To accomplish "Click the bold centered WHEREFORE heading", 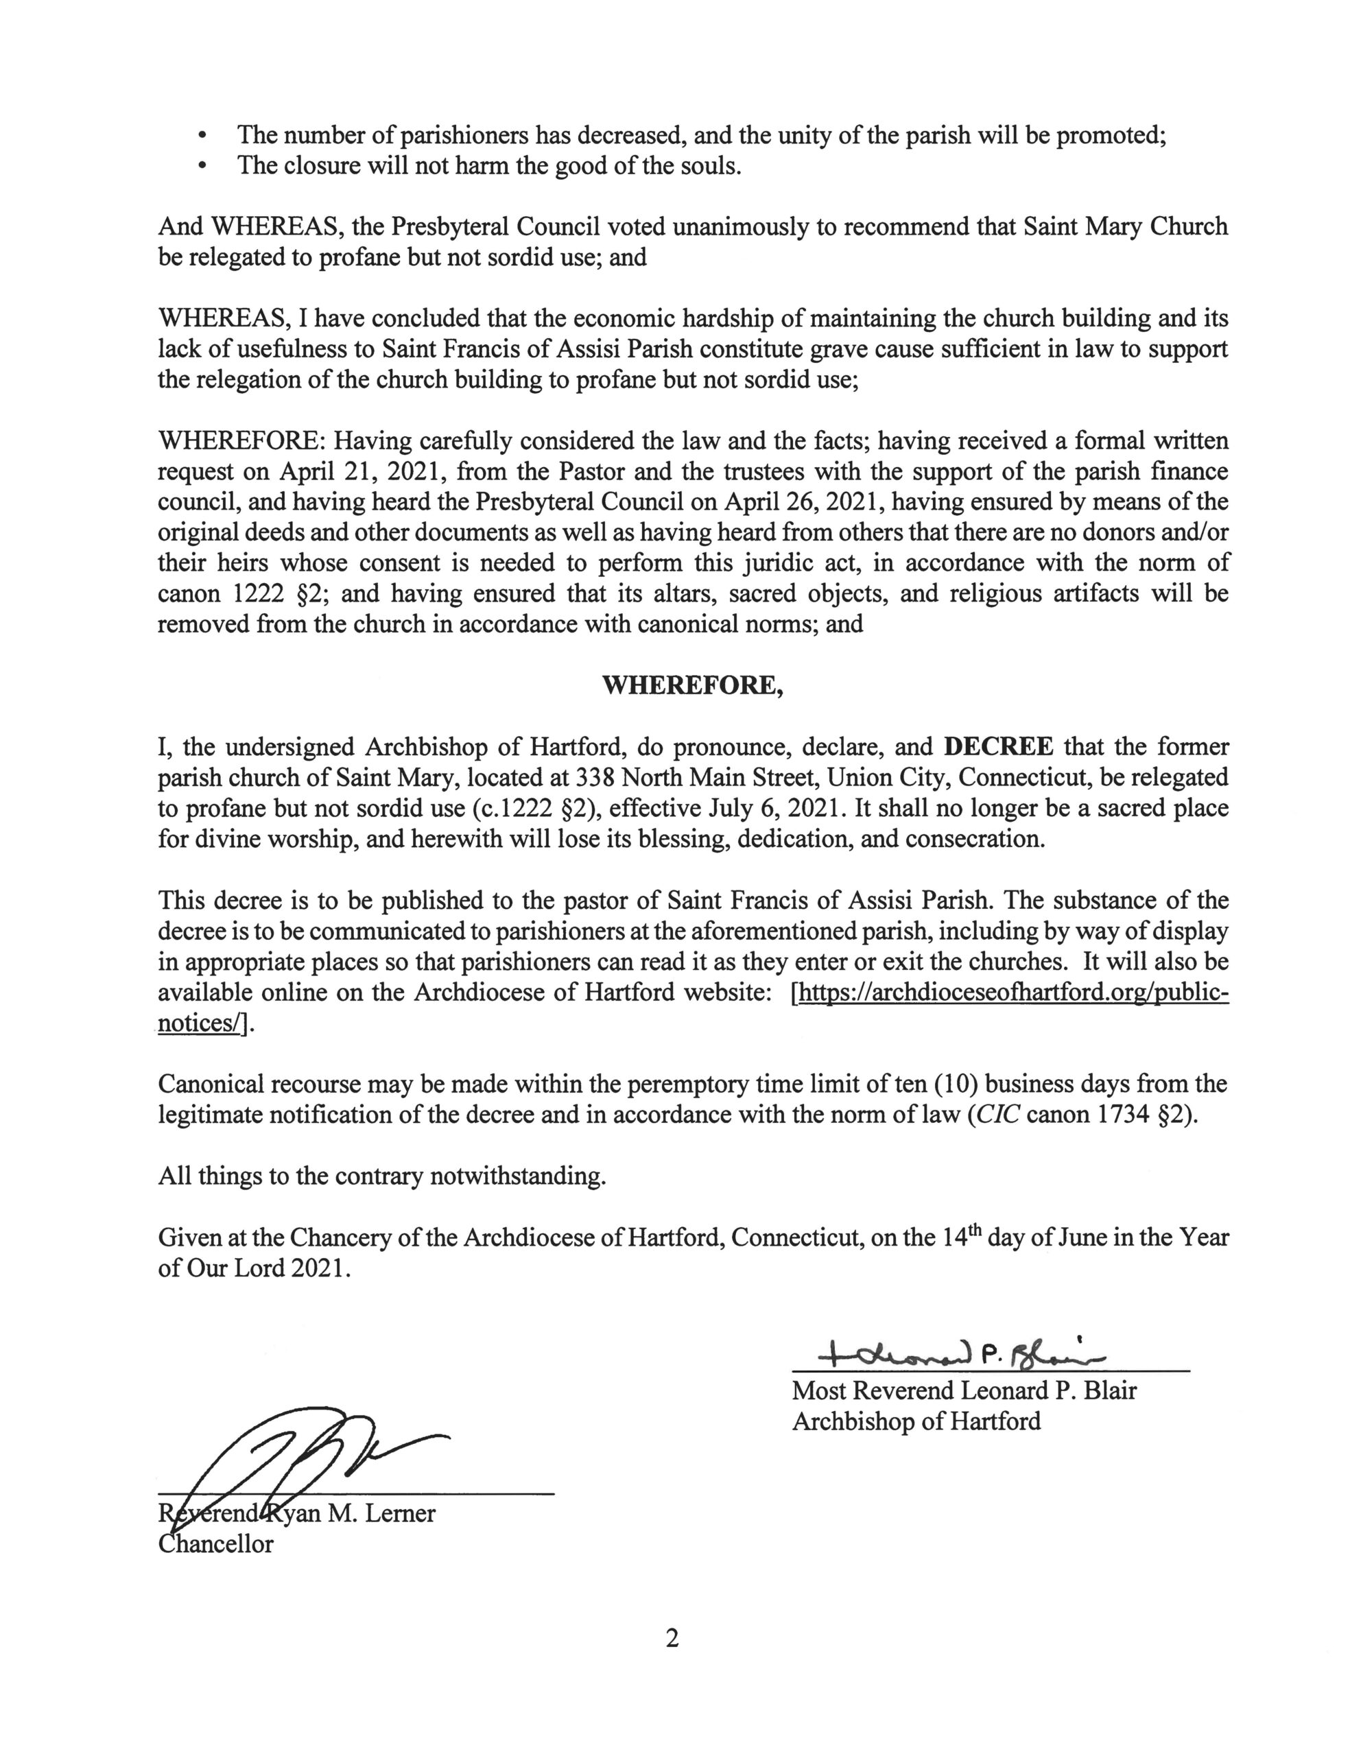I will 692,685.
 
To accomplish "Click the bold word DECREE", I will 998,746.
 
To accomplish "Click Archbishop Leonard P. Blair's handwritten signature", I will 960,1356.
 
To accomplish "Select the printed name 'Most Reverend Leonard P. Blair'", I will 964,1390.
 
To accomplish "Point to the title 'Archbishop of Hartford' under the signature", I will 916,1421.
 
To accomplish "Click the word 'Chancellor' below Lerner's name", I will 215,1543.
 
